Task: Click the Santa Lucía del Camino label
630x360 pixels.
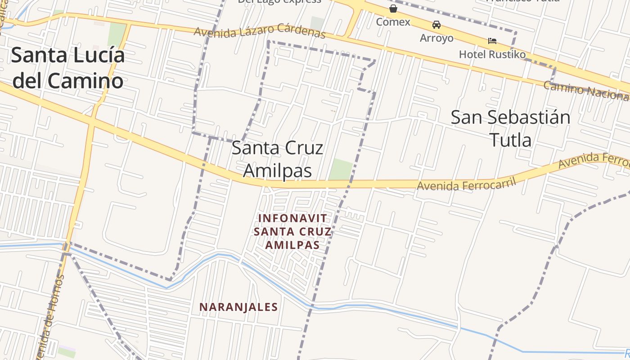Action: click(67, 68)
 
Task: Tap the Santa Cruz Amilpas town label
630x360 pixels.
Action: click(278, 160)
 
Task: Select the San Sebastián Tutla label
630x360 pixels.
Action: click(510, 128)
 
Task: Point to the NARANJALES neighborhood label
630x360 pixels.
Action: click(238, 307)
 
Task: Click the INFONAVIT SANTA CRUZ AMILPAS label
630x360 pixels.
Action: click(292, 232)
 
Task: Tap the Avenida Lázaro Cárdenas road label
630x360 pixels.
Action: click(260, 32)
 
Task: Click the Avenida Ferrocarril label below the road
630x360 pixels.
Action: click(466, 184)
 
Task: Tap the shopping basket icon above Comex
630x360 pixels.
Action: click(393, 9)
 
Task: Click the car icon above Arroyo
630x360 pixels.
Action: click(436, 25)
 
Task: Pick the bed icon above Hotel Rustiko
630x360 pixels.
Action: click(492, 41)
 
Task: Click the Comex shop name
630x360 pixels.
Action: click(393, 22)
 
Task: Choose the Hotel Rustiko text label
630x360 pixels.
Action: click(492, 54)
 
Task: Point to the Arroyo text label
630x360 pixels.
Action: click(436, 38)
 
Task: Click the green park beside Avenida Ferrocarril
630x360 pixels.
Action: click(341, 169)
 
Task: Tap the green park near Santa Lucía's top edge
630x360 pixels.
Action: click(117, 34)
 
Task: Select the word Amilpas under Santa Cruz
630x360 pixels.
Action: click(278, 171)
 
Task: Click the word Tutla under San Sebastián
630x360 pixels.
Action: click(510, 140)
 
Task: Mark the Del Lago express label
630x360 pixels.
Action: click(279, 1)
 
